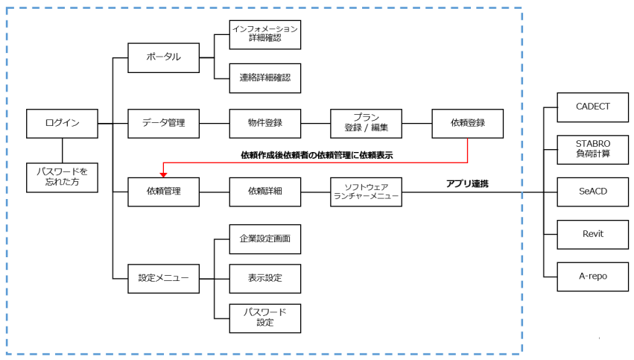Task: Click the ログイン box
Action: [62, 123]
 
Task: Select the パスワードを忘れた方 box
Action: [62, 177]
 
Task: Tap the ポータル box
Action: [164, 57]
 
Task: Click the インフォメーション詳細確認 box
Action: [265, 34]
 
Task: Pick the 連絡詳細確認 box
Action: [265, 78]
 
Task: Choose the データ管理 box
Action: [164, 123]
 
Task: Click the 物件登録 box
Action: [265, 123]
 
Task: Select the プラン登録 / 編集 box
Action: [367, 123]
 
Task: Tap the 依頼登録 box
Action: [468, 123]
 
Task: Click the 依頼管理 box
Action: [164, 192]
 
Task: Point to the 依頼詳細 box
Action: [265, 192]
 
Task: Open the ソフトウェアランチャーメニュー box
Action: [367, 192]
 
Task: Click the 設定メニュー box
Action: [164, 279]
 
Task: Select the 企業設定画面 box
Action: [265, 239]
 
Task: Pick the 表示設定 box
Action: [265, 279]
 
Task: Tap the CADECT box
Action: [593, 107]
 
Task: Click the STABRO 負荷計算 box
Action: [593, 149]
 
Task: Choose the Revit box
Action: [593, 234]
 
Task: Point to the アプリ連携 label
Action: [467, 183]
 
